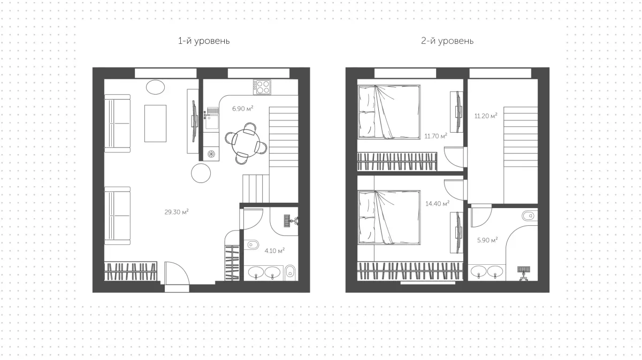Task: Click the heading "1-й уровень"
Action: [204, 41]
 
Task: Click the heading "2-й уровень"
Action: [447, 41]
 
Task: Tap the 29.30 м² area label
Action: [177, 212]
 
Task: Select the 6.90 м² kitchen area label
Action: [242, 109]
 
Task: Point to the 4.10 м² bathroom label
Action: [274, 251]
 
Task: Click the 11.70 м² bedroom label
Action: [435, 136]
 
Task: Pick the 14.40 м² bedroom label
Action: [438, 203]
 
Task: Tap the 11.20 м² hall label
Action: [486, 116]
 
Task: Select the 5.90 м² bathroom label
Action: [487, 240]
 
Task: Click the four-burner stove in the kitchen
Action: [262, 87]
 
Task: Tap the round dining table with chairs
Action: [246, 143]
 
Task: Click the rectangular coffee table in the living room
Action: [155, 123]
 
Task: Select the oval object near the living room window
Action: [155, 87]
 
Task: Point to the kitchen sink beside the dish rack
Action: [212, 122]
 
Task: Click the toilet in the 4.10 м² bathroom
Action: [253, 245]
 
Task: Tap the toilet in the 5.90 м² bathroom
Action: [529, 216]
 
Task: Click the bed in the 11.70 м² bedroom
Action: [389, 112]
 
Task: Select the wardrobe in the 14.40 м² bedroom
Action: [410, 271]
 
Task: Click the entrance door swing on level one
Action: [177, 273]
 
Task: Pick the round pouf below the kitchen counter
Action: [201, 173]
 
